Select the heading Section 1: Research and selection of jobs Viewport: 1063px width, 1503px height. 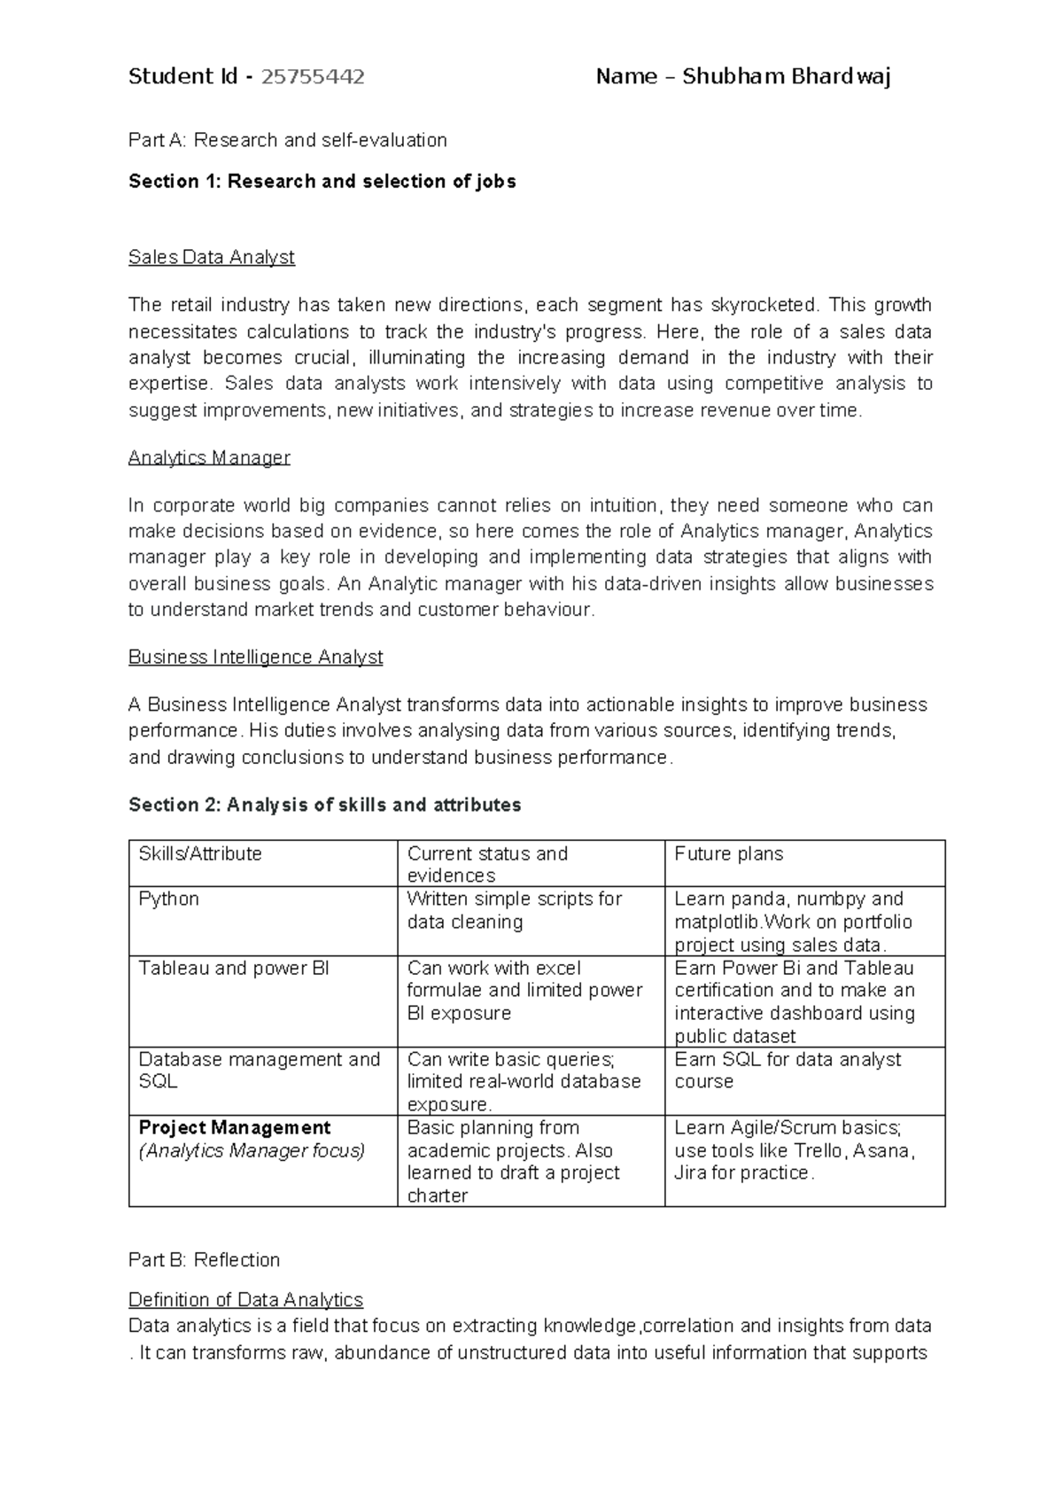tap(322, 182)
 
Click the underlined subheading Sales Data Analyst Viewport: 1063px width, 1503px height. tap(211, 257)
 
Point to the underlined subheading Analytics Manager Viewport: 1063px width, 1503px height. tap(209, 457)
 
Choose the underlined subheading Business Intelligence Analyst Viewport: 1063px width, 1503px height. tap(255, 657)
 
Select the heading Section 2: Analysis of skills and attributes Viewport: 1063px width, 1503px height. tap(324, 805)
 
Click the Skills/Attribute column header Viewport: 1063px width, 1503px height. tap(200, 853)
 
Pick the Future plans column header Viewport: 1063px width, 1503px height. tap(728, 853)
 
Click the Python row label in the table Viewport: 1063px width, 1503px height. tap(168, 899)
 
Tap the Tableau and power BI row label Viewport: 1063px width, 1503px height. tap(233, 968)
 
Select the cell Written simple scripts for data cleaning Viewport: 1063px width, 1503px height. tap(514, 910)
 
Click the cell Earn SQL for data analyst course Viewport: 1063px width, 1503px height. tap(787, 1071)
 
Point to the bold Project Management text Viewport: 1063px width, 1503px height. tap(234, 1127)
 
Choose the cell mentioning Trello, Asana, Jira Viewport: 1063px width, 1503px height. tap(794, 1150)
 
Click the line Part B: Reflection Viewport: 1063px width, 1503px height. tap(204, 1259)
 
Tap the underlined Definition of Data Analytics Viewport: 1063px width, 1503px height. tap(245, 1299)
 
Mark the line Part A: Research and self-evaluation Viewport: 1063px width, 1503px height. tap(287, 140)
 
